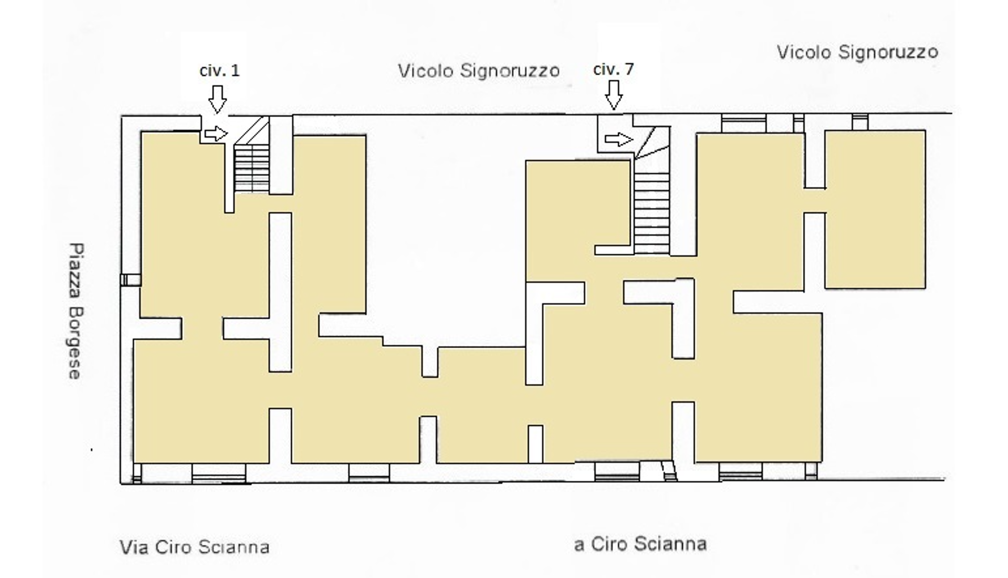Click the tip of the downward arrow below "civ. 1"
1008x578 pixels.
coord(218,112)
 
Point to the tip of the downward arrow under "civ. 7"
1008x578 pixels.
coord(614,109)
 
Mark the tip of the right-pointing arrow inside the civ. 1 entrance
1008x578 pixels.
coord(228,134)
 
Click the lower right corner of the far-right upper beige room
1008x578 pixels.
coord(925,288)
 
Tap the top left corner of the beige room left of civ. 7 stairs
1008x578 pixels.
coord(526,161)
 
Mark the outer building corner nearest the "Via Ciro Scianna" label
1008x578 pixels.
coord(121,483)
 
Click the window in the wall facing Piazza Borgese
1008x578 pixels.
coord(130,279)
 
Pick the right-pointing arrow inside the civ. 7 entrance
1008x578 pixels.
coord(619,139)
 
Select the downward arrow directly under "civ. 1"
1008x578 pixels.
coord(218,99)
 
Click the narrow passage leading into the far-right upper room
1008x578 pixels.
coord(815,200)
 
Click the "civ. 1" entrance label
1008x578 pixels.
coord(220,71)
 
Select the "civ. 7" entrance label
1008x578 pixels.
coord(614,69)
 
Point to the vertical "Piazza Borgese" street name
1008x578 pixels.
coord(76,311)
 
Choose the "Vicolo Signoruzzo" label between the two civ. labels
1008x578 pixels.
coord(479,71)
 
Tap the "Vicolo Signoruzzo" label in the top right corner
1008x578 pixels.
coord(857,52)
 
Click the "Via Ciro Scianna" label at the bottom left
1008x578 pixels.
coord(194,547)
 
